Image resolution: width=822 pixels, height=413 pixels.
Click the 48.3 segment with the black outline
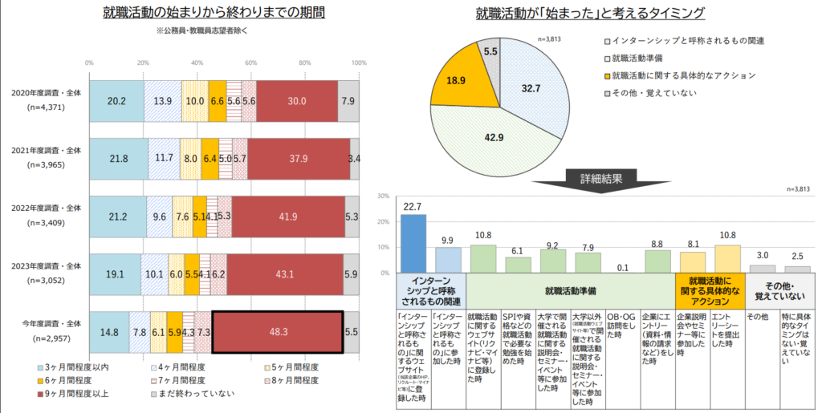pyautogui.click(x=278, y=331)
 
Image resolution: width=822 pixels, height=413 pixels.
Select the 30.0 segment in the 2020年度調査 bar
pyautogui.click(x=297, y=101)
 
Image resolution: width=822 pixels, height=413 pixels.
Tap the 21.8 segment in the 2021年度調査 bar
pyautogui.click(x=118, y=159)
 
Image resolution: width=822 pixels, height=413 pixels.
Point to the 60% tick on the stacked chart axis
pyautogui.click(x=251, y=62)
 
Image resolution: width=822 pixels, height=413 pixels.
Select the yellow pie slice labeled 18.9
pyautogui.click(x=457, y=81)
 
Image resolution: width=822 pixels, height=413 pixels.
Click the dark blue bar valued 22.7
pyautogui.click(x=413, y=243)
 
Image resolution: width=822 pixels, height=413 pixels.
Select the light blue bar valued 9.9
pyautogui.click(x=448, y=260)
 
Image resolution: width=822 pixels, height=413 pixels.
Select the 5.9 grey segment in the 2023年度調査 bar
pyautogui.click(x=351, y=273)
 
